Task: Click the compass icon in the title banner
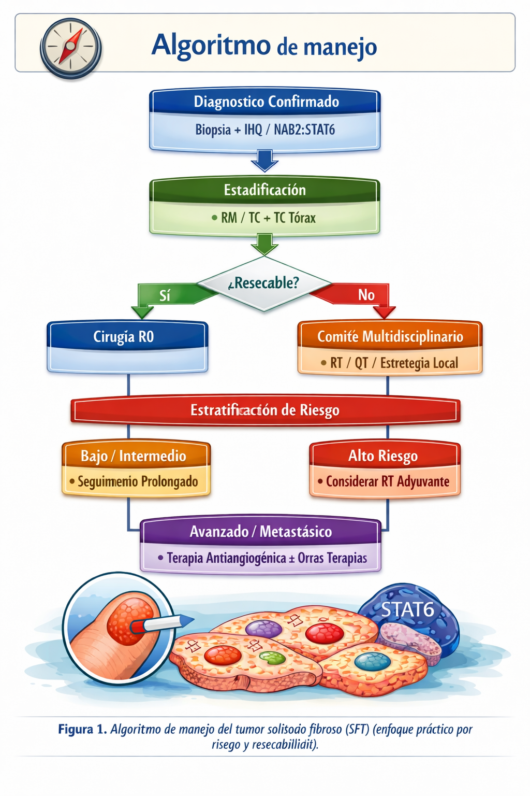pyautogui.click(x=70, y=48)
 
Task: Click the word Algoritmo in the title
pyautogui.click(x=211, y=45)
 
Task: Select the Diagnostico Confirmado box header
pyautogui.click(x=265, y=102)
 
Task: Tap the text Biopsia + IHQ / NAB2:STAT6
pyautogui.click(x=265, y=130)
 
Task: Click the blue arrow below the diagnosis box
pyautogui.click(x=264, y=161)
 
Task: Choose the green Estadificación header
pyautogui.click(x=265, y=190)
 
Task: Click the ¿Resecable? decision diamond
pyautogui.click(x=264, y=283)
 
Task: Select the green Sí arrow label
pyautogui.click(x=165, y=295)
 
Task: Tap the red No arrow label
pyautogui.click(x=366, y=295)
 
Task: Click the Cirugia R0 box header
pyautogui.click(x=124, y=337)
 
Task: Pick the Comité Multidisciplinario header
pyautogui.click(x=390, y=336)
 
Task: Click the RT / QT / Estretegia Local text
pyautogui.click(x=393, y=363)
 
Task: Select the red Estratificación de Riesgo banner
pyautogui.click(x=265, y=410)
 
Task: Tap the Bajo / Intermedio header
pyautogui.click(x=134, y=456)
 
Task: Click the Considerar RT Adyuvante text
pyautogui.click(x=387, y=481)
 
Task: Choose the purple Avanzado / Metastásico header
pyautogui.click(x=261, y=531)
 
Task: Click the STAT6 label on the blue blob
pyautogui.click(x=407, y=609)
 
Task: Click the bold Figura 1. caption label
pyautogui.click(x=82, y=729)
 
